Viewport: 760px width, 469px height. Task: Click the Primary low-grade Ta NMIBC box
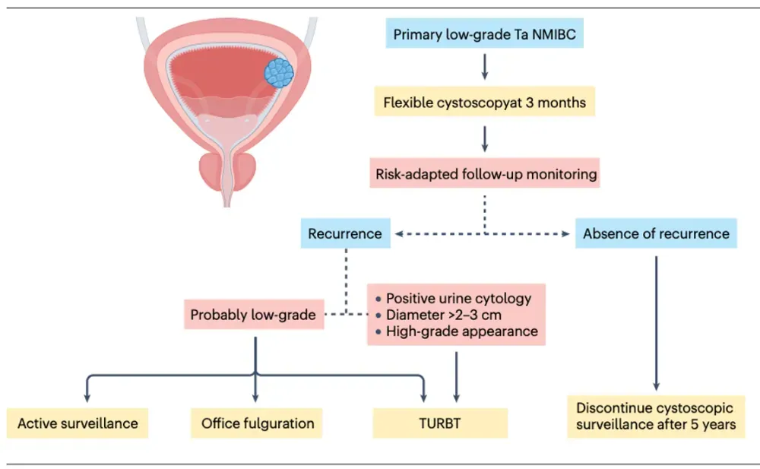pos(484,35)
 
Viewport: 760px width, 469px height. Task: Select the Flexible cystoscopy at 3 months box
pos(484,102)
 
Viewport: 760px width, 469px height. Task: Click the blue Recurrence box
pos(345,233)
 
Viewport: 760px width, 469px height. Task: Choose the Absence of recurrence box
pos(656,233)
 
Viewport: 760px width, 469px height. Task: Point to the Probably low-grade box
pos(253,314)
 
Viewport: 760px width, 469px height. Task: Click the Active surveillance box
pos(78,423)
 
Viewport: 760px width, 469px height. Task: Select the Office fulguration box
pos(257,423)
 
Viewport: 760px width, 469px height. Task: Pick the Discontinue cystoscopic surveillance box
pos(656,416)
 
